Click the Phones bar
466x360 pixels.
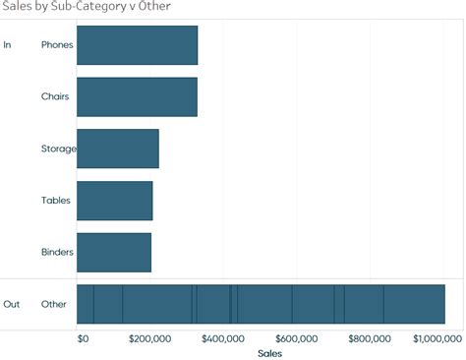point(137,45)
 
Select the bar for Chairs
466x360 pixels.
point(137,97)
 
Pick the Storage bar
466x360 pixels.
point(117,149)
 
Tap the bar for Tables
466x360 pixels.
point(114,201)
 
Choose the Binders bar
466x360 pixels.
point(113,253)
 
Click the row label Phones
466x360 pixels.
point(56,45)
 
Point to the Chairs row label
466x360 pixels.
point(55,97)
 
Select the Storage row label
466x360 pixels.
point(58,149)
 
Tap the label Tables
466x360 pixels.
point(55,201)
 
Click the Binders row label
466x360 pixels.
point(57,253)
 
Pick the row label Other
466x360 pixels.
point(54,304)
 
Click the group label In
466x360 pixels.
point(8,45)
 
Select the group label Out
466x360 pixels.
point(12,304)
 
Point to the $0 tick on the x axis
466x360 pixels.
point(83,338)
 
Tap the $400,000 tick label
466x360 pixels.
point(223,338)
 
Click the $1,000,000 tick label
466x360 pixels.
point(436,338)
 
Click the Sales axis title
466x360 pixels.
point(269,352)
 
